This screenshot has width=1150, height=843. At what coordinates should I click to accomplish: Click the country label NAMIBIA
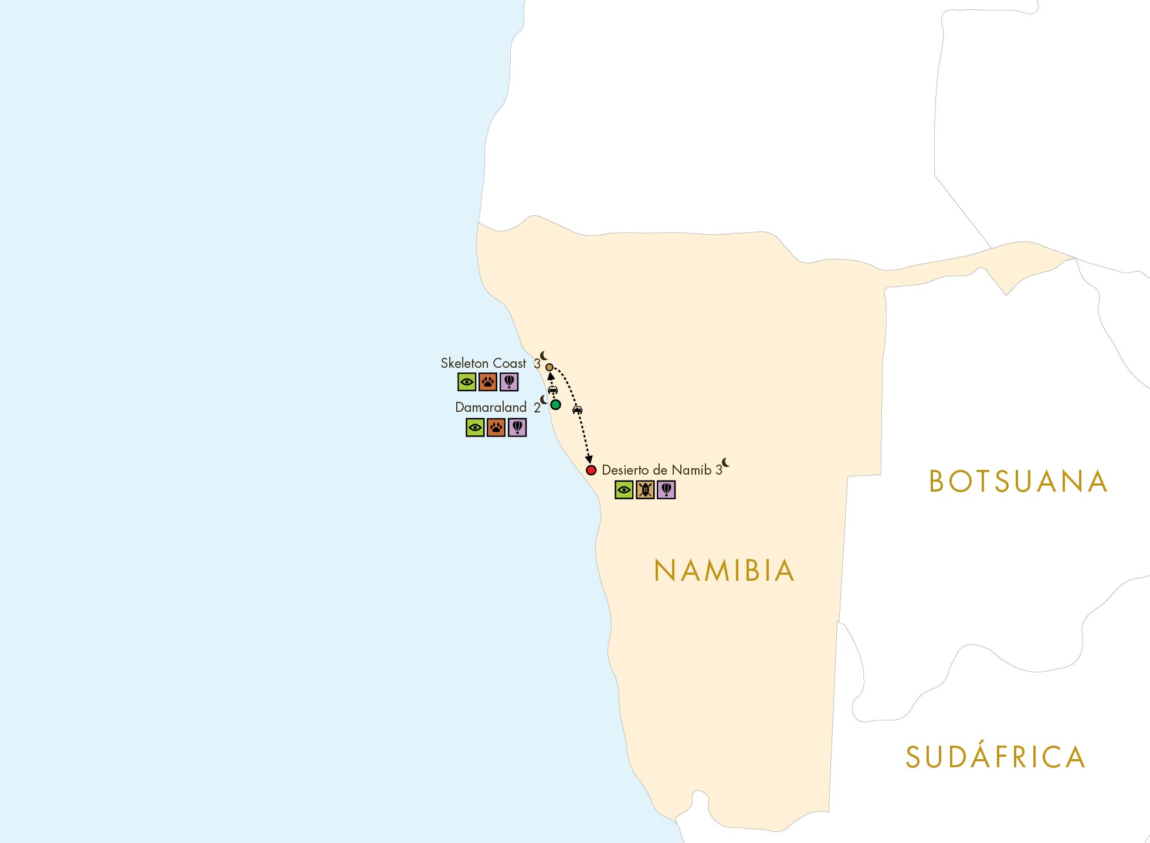tap(724, 571)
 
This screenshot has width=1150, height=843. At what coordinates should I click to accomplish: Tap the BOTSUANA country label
tap(1018, 482)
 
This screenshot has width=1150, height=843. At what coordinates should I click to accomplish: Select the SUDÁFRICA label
tap(995, 757)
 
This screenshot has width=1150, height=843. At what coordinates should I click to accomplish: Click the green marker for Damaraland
tap(555, 404)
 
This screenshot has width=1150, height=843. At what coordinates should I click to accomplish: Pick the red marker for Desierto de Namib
tap(591, 470)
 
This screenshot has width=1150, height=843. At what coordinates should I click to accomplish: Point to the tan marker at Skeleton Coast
tap(549, 367)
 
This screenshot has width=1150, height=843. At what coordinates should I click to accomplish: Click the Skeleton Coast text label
tap(483, 363)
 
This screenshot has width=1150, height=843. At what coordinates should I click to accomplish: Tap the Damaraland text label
tap(491, 407)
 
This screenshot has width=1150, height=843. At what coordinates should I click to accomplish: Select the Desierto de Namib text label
tap(656, 470)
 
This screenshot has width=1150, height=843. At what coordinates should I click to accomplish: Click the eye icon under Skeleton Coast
tap(467, 382)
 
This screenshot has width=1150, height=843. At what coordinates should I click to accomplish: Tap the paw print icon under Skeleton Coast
tap(488, 382)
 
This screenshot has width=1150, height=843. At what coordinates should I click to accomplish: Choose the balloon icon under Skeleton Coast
tap(509, 382)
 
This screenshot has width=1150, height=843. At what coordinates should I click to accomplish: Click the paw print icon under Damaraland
tap(496, 428)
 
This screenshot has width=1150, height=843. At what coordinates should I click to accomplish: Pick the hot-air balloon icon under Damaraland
tap(517, 428)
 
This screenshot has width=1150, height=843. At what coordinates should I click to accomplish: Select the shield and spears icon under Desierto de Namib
tap(645, 489)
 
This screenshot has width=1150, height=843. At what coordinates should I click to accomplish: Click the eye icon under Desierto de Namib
tap(624, 489)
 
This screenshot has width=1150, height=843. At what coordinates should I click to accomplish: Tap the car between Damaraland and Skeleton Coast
tap(552, 390)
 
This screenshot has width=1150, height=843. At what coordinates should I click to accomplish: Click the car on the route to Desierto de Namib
tap(577, 409)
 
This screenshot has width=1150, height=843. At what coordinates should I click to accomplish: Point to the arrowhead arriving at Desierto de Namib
tap(589, 460)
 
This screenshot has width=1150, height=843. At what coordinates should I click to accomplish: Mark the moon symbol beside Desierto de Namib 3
tap(725, 462)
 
